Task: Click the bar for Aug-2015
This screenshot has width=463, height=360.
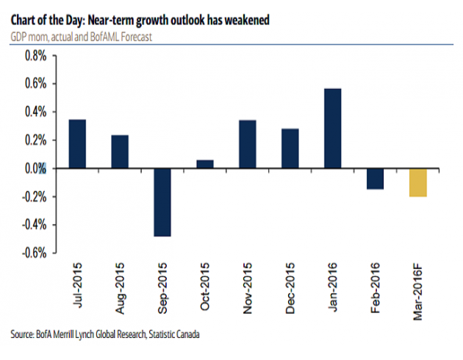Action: click(120, 152)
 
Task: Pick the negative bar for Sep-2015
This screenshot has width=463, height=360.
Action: click(162, 203)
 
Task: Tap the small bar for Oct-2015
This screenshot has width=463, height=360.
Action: click(205, 165)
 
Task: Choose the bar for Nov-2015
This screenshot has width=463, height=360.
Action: click(248, 144)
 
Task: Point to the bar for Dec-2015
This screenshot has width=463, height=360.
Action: click(290, 149)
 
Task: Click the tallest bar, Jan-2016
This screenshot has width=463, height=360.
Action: click(333, 129)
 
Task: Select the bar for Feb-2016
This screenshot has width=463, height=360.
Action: click(376, 179)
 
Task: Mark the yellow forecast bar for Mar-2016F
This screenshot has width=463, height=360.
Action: click(418, 183)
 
